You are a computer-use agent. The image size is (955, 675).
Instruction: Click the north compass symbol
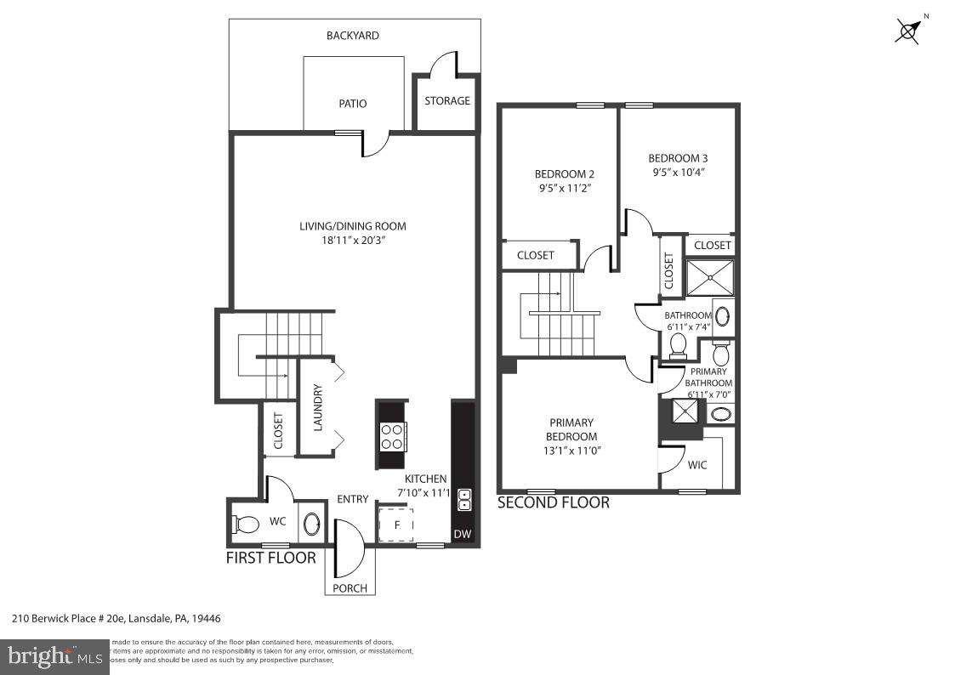pyautogui.click(x=909, y=31)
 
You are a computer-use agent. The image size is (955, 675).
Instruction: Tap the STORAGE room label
pyautogui.click(x=447, y=100)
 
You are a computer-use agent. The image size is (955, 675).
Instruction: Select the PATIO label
pyautogui.click(x=353, y=104)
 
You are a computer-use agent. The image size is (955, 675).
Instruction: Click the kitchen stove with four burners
pyautogui.click(x=392, y=436)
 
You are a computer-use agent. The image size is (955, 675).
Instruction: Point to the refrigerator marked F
pyautogui.click(x=395, y=525)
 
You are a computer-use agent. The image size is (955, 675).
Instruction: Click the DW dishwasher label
pyautogui.click(x=462, y=534)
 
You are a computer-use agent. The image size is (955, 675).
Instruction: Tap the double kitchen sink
pyautogui.click(x=464, y=500)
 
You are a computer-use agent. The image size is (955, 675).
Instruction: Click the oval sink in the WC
pyautogui.click(x=311, y=524)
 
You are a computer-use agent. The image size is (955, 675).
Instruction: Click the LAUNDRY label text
pyautogui.click(x=318, y=409)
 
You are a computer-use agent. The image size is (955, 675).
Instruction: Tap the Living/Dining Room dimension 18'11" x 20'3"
pyautogui.click(x=352, y=241)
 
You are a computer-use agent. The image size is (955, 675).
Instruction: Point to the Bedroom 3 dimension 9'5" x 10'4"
pyautogui.click(x=677, y=172)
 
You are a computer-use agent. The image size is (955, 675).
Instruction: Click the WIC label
pyautogui.click(x=697, y=465)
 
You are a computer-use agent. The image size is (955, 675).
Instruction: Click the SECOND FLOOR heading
pyautogui.click(x=553, y=502)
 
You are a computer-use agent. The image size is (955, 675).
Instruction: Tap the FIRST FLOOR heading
pyautogui.click(x=270, y=559)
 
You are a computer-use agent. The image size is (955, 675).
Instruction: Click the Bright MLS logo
pyautogui.click(x=54, y=656)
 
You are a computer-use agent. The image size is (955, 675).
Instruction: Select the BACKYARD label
pyautogui.click(x=353, y=36)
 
